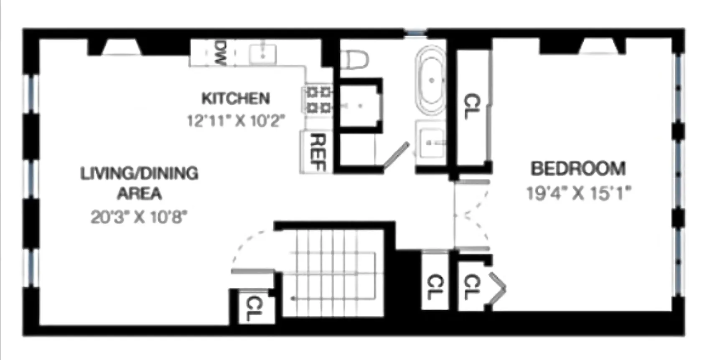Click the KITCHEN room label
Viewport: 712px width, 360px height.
tap(236, 99)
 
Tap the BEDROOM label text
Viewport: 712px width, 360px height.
tap(578, 169)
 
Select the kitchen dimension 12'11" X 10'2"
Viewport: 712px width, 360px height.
tap(236, 121)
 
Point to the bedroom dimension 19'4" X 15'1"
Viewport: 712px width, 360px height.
tap(578, 193)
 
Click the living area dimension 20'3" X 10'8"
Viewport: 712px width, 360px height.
tap(139, 217)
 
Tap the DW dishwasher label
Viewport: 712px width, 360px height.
tap(221, 53)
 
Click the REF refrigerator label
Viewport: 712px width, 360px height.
tap(319, 152)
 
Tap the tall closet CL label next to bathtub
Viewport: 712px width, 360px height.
tap(473, 106)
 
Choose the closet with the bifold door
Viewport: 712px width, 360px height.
tap(472, 287)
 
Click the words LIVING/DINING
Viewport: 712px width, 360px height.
tap(139, 173)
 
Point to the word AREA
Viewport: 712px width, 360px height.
tap(139, 194)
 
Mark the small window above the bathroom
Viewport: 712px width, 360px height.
tap(415, 32)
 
